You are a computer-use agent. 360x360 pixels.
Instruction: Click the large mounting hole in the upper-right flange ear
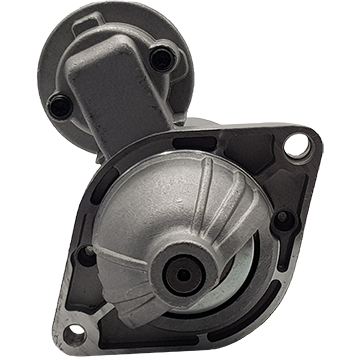click(296, 148)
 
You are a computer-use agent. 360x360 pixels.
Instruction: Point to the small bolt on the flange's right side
click(283, 222)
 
